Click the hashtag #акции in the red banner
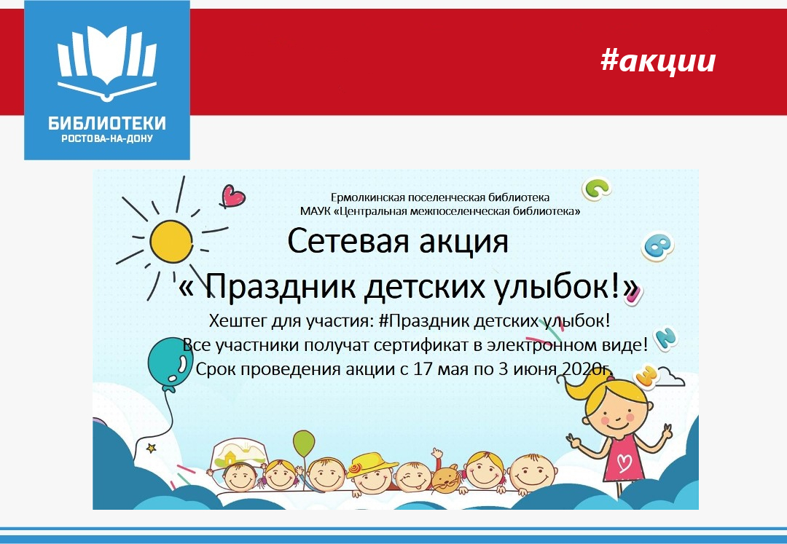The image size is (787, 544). pos(658,61)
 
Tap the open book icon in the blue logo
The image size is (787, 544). pos(107,63)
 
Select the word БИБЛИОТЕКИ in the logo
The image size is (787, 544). pos(107,123)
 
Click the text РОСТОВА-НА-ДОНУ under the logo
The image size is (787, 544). pos(107,138)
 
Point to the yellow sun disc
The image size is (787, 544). pos(171,241)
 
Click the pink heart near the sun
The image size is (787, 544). pos(232,196)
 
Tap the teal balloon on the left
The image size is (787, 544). pos(170,361)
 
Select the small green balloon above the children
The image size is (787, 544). pos(304,443)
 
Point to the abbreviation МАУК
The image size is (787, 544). pos(315,211)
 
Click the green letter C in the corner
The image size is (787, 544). pos(596,189)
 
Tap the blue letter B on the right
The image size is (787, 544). pos(657,245)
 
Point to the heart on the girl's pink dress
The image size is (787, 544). pos(624,462)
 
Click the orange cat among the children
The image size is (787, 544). pos(446,478)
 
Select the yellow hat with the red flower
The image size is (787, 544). pos(371,464)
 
